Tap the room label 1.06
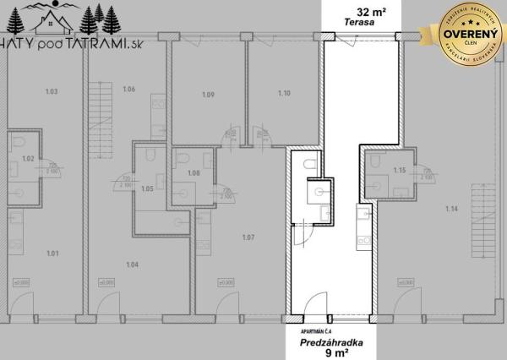click(129, 90)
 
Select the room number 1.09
click(209, 95)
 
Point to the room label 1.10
click(283, 95)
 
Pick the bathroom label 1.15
click(400, 172)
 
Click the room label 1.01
click(52, 253)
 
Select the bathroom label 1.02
click(27, 158)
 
